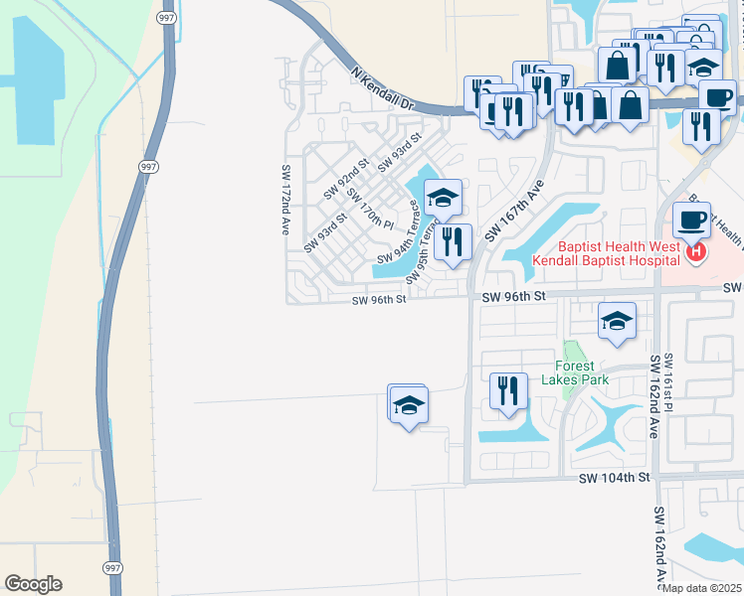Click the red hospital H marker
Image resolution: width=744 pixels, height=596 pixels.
tap(696, 252)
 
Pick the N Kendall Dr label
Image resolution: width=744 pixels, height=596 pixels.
tap(382, 87)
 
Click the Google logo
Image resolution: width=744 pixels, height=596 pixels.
tap(33, 584)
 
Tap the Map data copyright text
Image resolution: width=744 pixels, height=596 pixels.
tap(702, 588)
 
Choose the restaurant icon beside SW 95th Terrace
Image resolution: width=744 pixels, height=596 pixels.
tap(453, 241)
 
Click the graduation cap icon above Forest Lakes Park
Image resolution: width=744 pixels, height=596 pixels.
tap(618, 321)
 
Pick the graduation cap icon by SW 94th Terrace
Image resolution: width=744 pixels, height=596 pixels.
tap(444, 196)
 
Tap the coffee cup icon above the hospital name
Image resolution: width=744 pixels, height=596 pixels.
tap(690, 219)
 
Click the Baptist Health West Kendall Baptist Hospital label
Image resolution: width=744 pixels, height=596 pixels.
tap(606, 252)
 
